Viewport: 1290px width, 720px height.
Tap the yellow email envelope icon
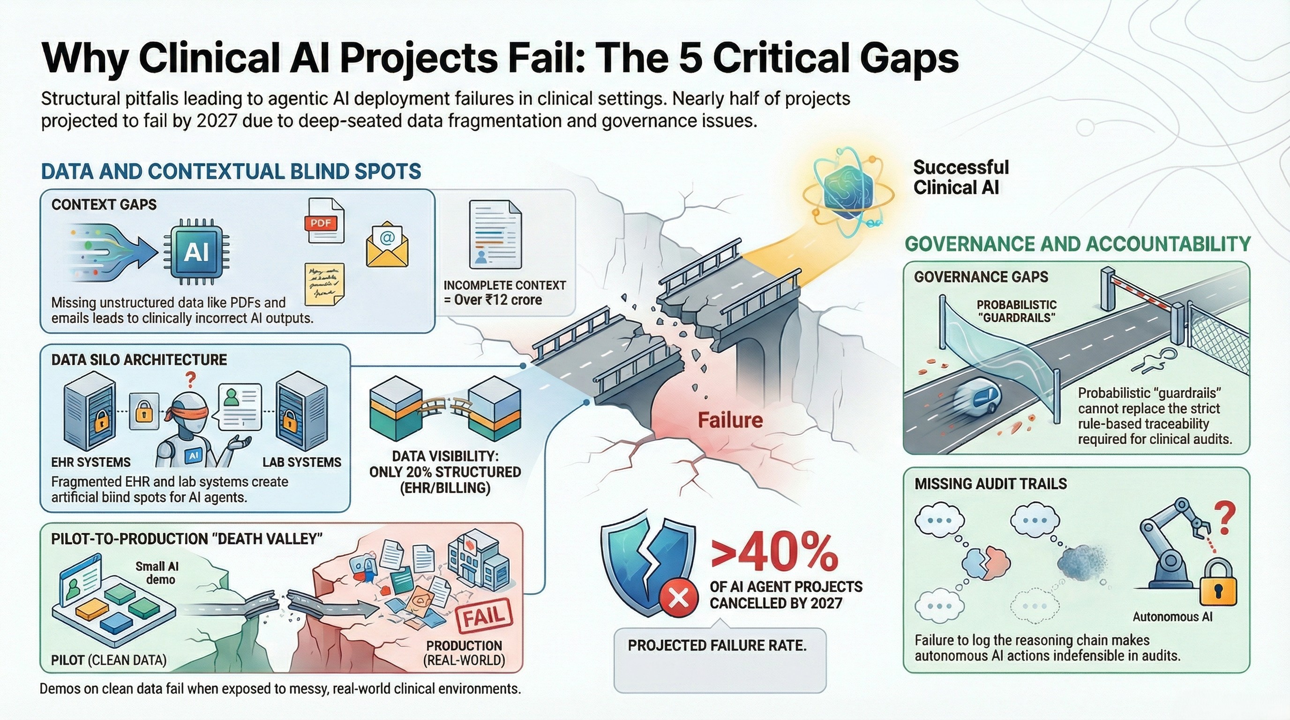pyautogui.click(x=387, y=245)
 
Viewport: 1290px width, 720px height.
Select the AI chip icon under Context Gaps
pyautogui.click(x=196, y=252)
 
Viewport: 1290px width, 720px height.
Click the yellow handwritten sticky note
pyautogui.click(x=324, y=283)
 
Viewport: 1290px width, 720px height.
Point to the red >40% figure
pyautogui.click(x=774, y=554)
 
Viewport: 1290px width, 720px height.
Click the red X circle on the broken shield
pyautogui.click(x=679, y=598)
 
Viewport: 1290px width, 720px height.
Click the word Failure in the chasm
pyautogui.click(x=730, y=420)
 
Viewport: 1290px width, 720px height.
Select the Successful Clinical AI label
pyautogui.click(x=960, y=177)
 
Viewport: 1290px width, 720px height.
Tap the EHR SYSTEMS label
pyautogui.click(x=90, y=462)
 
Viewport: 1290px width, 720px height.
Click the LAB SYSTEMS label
pyautogui.click(x=301, y=462)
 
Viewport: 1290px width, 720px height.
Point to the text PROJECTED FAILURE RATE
pyautogui.click(x=717, y=645)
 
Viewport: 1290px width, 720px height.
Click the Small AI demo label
pyautogui.click(x=157, y=573)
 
